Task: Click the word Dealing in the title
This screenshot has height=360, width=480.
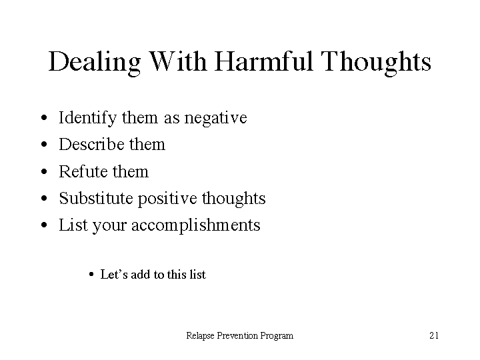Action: click(x=95, y=63)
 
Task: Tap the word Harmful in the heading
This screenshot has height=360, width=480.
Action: click(x=263, y=61)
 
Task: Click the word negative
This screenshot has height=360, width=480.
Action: click(x=215, y=118)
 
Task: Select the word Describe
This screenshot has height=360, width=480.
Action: click(x=90, y=144)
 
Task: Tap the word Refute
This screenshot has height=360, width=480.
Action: click(x=78, y=171)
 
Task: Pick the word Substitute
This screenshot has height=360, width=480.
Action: click(x=96, y=198)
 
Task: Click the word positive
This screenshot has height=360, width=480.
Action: click(x=167, y=199)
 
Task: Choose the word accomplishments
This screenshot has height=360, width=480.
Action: click(x=196, y=225)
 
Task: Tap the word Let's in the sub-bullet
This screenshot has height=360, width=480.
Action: click(x=114, y=274)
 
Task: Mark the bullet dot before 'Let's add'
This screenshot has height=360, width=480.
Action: click(x=91, y=274)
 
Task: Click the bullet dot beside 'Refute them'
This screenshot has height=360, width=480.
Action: click(x=44, y=171)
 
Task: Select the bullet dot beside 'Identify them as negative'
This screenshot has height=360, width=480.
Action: click(x=44, y=117)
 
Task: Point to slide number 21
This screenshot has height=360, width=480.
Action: click(x=434, y=335)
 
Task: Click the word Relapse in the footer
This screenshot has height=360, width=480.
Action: click(x=200, y=336)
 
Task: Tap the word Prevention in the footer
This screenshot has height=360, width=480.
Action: click(x=237, y=335)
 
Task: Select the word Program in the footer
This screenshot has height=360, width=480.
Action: click(x=277, y=337)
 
